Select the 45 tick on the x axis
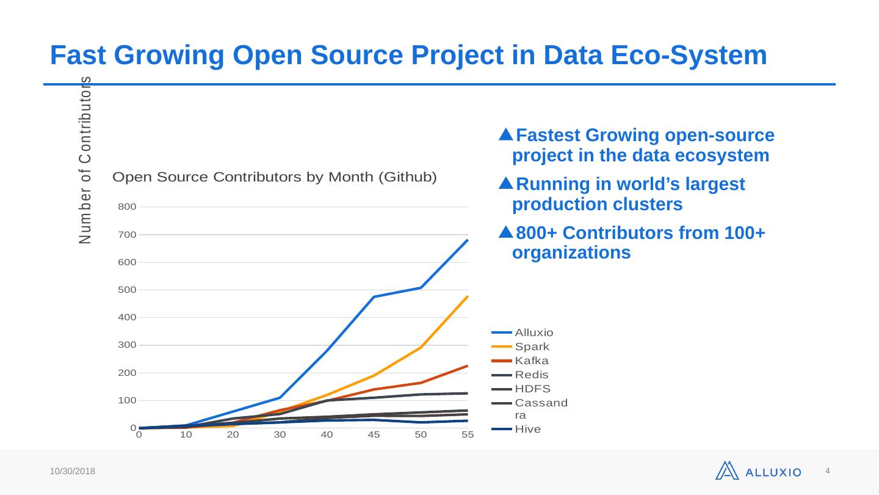(374, 435)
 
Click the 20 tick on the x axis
(233, 435)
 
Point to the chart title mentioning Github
(275, 178)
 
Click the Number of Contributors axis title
(86, 160)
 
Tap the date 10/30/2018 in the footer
(73, 472)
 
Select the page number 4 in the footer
(828, 471)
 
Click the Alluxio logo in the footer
(758, 471)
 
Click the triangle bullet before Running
(505, 183)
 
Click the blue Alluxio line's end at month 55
(468, 240)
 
